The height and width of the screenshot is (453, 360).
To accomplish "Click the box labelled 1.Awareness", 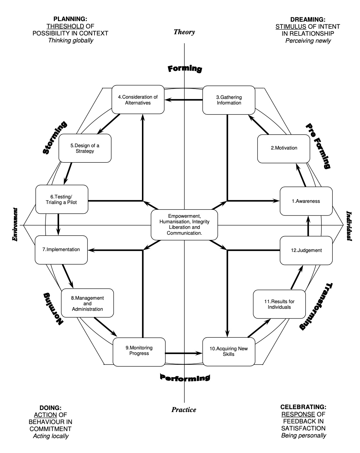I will pos(306,201).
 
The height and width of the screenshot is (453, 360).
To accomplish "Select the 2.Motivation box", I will pos(284,148).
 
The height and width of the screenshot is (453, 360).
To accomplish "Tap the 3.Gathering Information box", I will pos(229,100).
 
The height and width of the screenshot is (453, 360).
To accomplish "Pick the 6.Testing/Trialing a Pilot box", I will pos(61,199).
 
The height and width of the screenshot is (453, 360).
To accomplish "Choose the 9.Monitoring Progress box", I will pos(139,351).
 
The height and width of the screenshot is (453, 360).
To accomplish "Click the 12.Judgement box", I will pos(306,250).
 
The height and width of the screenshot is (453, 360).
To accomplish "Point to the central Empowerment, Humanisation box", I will pos(184,225).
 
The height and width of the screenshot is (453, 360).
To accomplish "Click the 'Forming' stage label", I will pos(185,69).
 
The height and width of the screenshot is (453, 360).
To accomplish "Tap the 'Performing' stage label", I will pos(185,377).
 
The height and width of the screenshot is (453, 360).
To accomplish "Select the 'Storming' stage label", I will pos(54,138).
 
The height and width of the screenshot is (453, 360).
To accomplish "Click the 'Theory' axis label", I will pos(184,32).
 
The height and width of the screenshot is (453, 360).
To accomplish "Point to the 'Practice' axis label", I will pos(184,410).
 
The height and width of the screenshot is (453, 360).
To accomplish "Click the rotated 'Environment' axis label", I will pos(15,225).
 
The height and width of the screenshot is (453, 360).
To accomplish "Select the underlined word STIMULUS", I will pos(291,27).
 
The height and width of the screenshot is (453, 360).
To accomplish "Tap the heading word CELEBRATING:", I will pos(303,407).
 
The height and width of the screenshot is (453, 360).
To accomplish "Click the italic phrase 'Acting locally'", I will pos(51,436).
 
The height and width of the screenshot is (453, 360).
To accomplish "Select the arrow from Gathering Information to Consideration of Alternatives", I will pos(184,100).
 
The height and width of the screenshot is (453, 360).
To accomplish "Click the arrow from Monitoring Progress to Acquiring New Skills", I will pos(184,353).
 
